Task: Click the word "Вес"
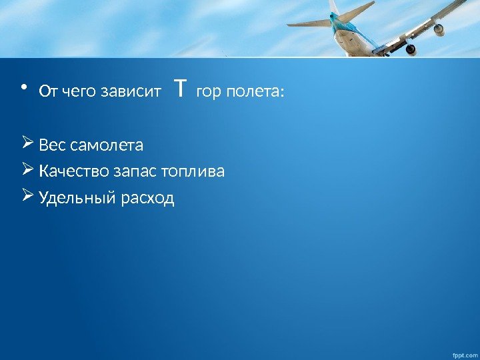click(51, 145)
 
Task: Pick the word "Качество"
click(68, 172)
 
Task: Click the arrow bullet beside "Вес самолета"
click(27, 143)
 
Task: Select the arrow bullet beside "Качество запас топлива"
click(27, 171)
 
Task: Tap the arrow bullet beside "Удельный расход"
click(27, 197)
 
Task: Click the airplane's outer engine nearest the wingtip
click(438, 29)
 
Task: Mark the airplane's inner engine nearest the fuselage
click(410, 48)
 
